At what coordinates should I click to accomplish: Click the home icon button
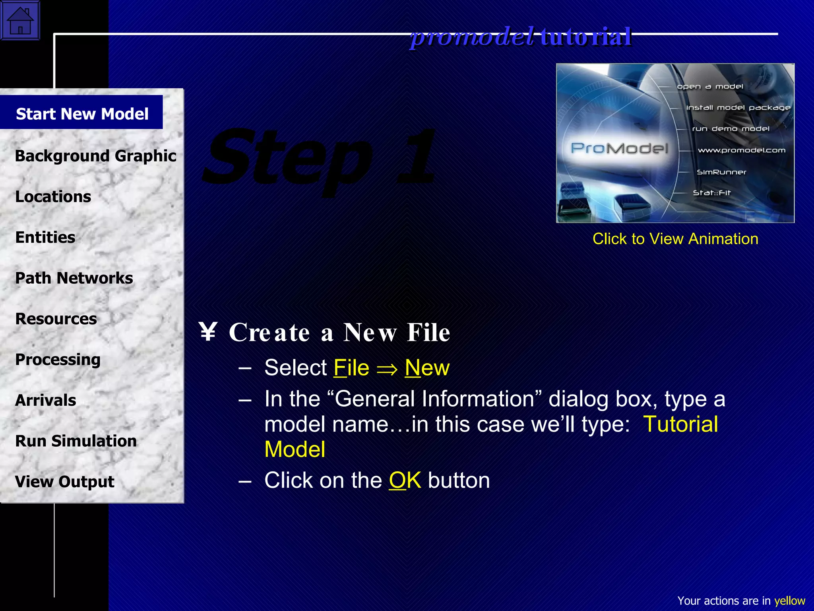click(20, 20)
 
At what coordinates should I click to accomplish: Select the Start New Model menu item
click(82, 114)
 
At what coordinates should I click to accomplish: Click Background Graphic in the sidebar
click(95, 156)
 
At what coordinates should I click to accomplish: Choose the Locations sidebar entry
click(53, 197)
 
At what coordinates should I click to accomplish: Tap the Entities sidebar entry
click(45, 237)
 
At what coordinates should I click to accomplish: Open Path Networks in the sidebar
click(74, 278)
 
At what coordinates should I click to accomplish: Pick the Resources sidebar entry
click(56, 319)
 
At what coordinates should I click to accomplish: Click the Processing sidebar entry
click(58, 360)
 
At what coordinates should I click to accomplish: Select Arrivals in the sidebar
click(45, 400)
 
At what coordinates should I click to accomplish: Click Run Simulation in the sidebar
click(76, 441)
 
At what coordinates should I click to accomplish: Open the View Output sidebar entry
click(64, 482)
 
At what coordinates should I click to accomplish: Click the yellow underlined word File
click(351, 368)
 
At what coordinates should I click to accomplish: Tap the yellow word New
click(427, 368)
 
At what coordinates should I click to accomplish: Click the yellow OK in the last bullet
click(405, 480)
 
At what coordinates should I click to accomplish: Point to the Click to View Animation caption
click(675, 239)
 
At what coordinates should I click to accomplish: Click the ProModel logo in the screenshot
click(619, 148)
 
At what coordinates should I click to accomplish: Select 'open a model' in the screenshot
click(710, 86)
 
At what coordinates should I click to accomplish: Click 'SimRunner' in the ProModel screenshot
click(721, 172)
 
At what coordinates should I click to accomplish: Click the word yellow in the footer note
click(789, 601)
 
